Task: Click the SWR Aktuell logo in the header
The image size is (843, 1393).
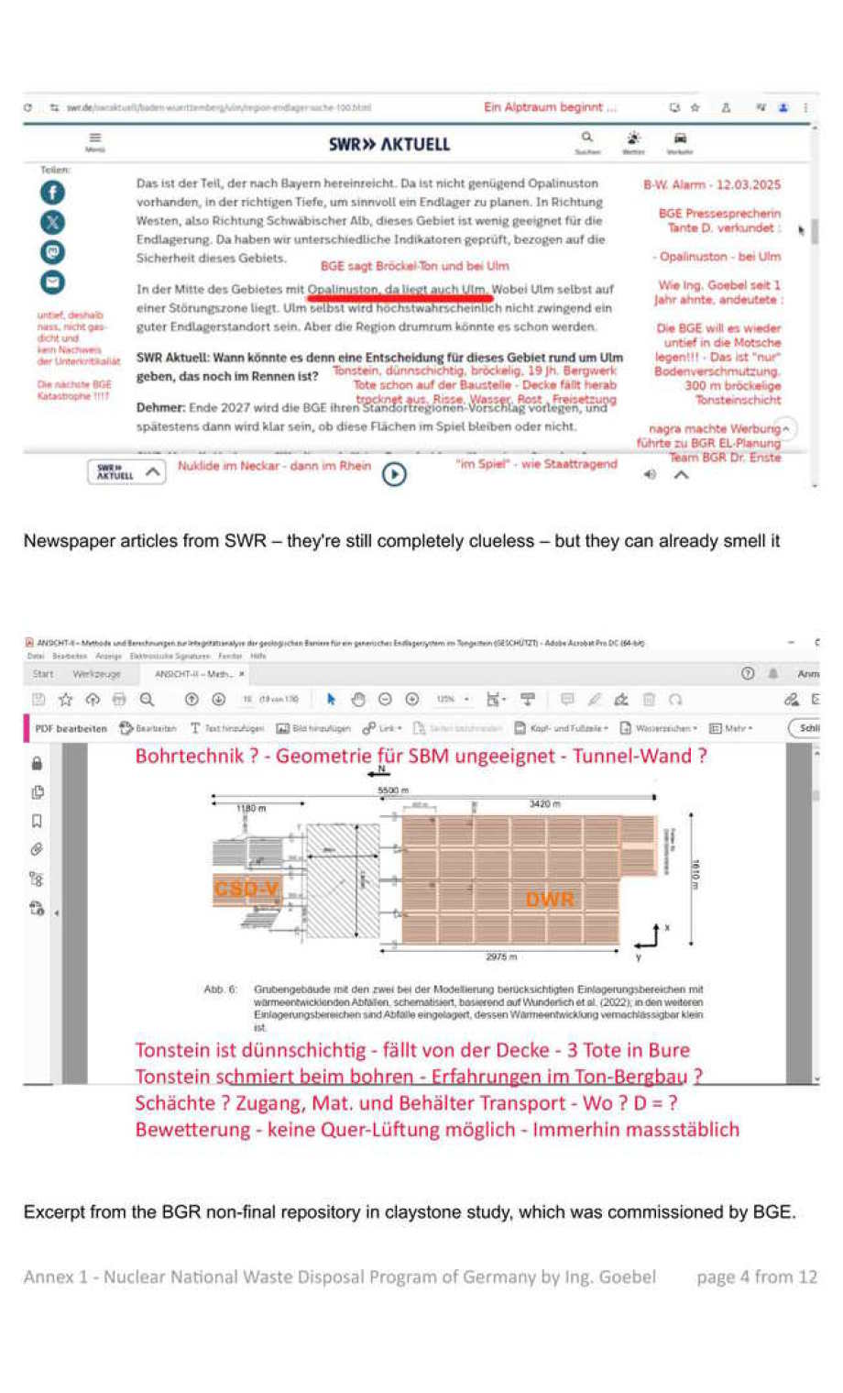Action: tap(389, 144)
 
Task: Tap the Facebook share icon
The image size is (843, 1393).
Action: tap(52, 192)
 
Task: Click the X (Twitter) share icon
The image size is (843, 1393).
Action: tap(52, 222)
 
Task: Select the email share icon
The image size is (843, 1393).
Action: tap(52, 282)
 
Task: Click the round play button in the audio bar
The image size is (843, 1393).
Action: tap(394, 474)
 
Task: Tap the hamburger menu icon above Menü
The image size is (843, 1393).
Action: tap(95, 138)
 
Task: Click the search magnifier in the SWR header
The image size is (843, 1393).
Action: tap(587, 138)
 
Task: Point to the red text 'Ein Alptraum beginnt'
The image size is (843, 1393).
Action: tap(550, 107)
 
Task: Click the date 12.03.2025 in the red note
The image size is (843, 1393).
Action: tap(748, 184)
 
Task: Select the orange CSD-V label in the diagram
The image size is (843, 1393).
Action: tap(246, 889)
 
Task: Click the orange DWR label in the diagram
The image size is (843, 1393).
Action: tap(550, 900)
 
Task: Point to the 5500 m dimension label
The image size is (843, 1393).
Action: tap(393, 790)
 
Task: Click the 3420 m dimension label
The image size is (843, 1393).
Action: tap(544, 803)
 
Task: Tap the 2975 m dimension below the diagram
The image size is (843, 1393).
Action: tap(501, 956)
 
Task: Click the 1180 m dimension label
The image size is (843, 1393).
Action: tap(250, 808)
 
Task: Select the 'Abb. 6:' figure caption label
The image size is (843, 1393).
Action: tap(220, 989)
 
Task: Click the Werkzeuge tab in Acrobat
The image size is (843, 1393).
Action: tap(96, 674)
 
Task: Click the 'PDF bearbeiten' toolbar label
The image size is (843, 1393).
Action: tap(71, 728)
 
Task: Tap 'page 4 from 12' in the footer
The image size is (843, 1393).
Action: tap(756, 1277)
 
